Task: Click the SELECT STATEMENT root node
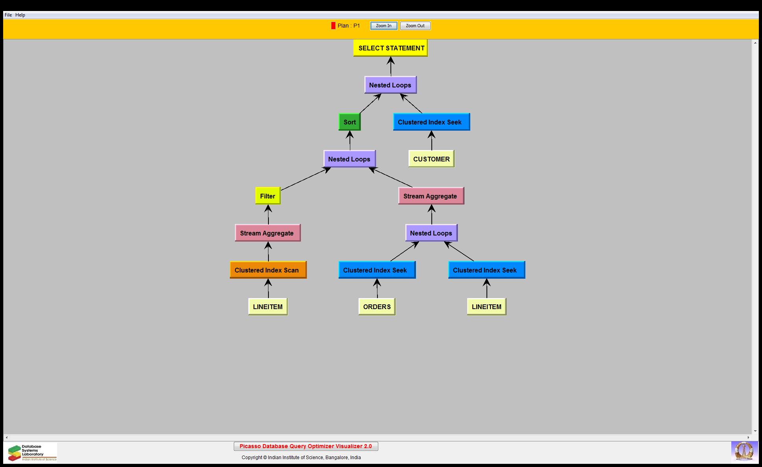coord(390,48)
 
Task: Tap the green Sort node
coord(350,122)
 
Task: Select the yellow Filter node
coord(268,196)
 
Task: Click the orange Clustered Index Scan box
coord(268,270)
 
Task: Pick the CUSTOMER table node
coord(431,159)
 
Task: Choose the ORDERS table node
coord(377,307)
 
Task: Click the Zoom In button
coord(384,26)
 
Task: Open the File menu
coord(8,15)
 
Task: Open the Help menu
coord(20,15)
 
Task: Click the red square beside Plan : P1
coord(333,26)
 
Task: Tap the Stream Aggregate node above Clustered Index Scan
coord(268,233)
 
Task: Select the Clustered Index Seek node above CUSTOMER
coord(431,122)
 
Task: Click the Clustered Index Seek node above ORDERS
coord(377,270)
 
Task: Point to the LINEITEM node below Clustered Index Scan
coord(268,307)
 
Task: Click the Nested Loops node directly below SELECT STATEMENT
coord(390,85)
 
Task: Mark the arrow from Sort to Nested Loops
coord(370,104)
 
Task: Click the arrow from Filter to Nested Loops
coord(305,179)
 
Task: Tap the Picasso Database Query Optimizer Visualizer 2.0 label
coord(306,446)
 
